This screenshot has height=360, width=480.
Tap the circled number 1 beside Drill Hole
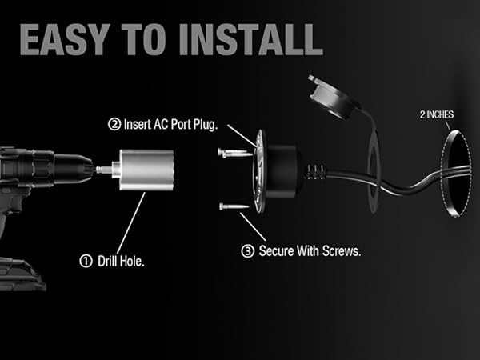(86, 259)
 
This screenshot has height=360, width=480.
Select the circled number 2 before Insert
(114, 125)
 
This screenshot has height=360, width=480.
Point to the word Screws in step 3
(340, 250)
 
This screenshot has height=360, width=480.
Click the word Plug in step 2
(213, 125)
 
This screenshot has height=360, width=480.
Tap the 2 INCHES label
(436, 114)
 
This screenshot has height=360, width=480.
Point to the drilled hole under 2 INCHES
(451, 176)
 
